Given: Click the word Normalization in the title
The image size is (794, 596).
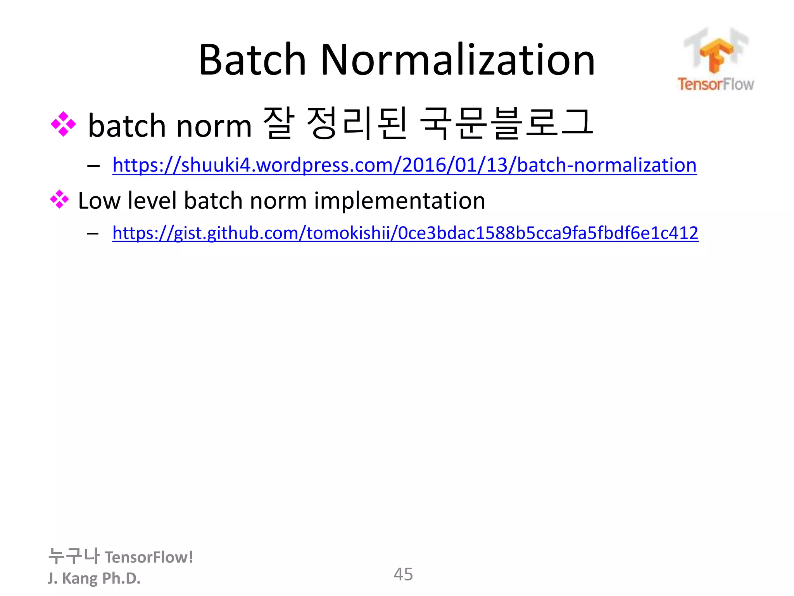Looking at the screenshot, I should coord(457,60).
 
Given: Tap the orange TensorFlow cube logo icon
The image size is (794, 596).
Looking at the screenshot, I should coord(715,54).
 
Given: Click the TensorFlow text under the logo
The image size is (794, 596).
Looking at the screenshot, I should coord(716,84).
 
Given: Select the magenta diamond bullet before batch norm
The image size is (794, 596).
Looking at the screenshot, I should coord(63,125).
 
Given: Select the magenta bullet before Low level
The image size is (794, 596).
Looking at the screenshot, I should coord(59,199).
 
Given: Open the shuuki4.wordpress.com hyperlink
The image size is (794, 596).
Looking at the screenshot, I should coord(404,165).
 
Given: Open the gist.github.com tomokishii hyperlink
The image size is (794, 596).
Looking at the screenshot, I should coord(405,233).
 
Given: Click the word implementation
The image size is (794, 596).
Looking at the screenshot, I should coord(399,201).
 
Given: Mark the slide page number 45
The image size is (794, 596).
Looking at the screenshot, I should coord(403,574).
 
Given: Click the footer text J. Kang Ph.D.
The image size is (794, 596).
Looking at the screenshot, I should coord(94,578).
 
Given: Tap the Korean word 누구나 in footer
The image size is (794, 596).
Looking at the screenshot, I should coord(74,556).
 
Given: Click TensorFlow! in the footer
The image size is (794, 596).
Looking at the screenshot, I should coord(149,557).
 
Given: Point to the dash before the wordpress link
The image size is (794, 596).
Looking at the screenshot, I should coord(93,166).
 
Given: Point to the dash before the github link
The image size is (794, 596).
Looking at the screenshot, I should coord(93,234).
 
